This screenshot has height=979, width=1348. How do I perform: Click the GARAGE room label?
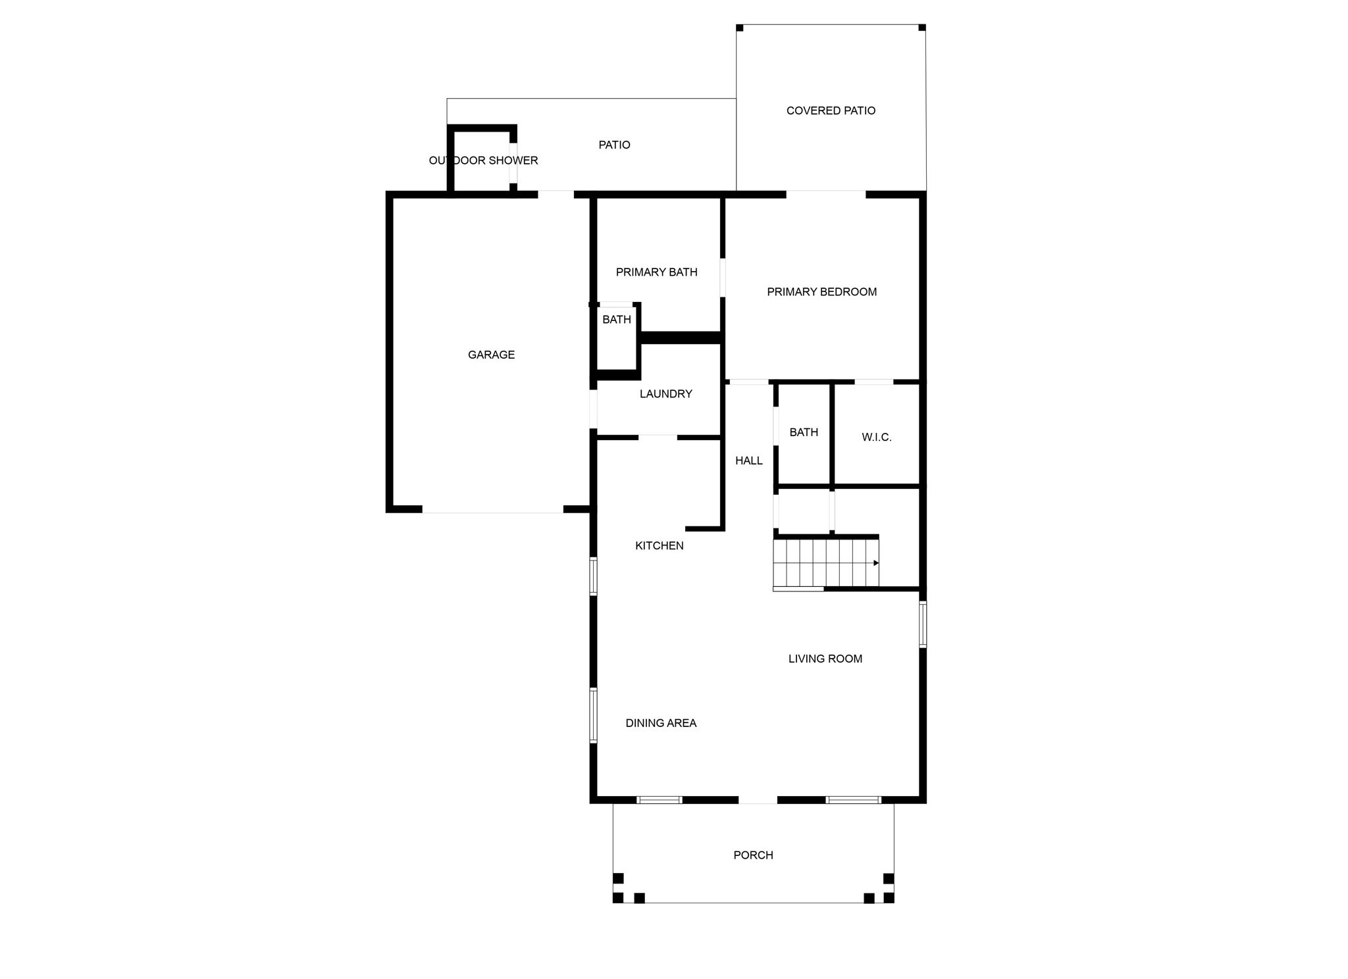point(491,355)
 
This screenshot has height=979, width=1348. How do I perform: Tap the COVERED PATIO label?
point(831,111)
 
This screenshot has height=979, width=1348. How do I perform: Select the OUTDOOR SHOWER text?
point(483,161)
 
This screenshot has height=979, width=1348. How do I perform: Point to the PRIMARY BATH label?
point(656,272)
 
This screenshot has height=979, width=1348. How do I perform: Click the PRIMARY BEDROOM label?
point(821,291)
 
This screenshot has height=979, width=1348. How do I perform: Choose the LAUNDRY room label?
point(665,393)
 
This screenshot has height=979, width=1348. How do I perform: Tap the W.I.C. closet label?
point(877,437)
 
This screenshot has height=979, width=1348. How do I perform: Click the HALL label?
point(749,461)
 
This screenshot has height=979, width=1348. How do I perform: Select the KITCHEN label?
point(659,545)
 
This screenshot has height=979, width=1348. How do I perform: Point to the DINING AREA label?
point(661,723)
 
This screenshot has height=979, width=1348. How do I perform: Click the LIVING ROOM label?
point(825,659)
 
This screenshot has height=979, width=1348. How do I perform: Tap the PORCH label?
point(753,855)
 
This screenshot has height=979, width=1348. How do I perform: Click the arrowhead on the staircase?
point(876,563)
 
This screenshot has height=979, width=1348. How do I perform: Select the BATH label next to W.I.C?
point(804,432)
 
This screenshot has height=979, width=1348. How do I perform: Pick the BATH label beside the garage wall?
point(617,320)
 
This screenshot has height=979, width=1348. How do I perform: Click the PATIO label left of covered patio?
point(614,145)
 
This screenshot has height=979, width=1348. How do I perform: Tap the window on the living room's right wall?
point(923,624)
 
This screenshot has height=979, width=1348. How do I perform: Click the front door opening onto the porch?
point(758,800)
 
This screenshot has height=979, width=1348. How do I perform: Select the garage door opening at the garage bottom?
point(492,510)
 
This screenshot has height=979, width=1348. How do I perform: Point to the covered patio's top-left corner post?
point(740,28)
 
